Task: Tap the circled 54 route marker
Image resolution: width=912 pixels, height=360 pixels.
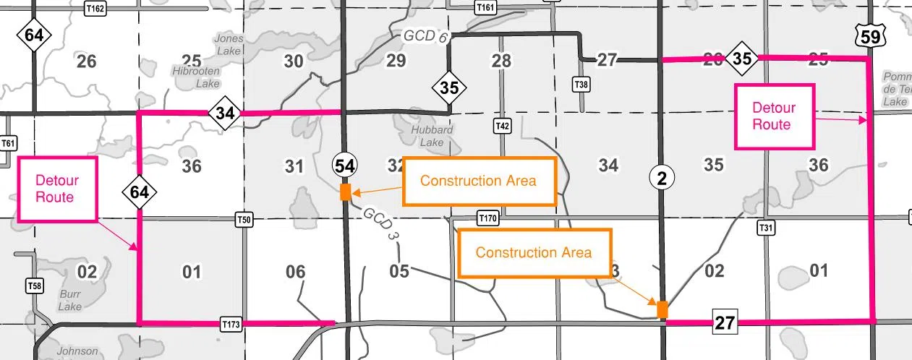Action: tap(344, 166)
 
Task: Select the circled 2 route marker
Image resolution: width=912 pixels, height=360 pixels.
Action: tap(661, 176)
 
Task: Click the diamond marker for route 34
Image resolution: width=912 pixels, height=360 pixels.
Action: tap(224, 113)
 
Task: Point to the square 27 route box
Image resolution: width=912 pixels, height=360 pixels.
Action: tap(725, 322)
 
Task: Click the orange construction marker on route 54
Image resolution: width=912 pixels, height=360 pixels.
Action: tap(345, 192)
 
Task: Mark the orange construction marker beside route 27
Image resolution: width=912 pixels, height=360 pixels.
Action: tap(662, 309)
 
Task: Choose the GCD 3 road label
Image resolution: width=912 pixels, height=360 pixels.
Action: tap(381, 224)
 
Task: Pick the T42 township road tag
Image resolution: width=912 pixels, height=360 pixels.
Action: tap(503, 126)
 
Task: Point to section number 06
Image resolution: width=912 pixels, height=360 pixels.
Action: tap(295, 272)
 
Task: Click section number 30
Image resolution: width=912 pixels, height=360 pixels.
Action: tap(293, 61)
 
